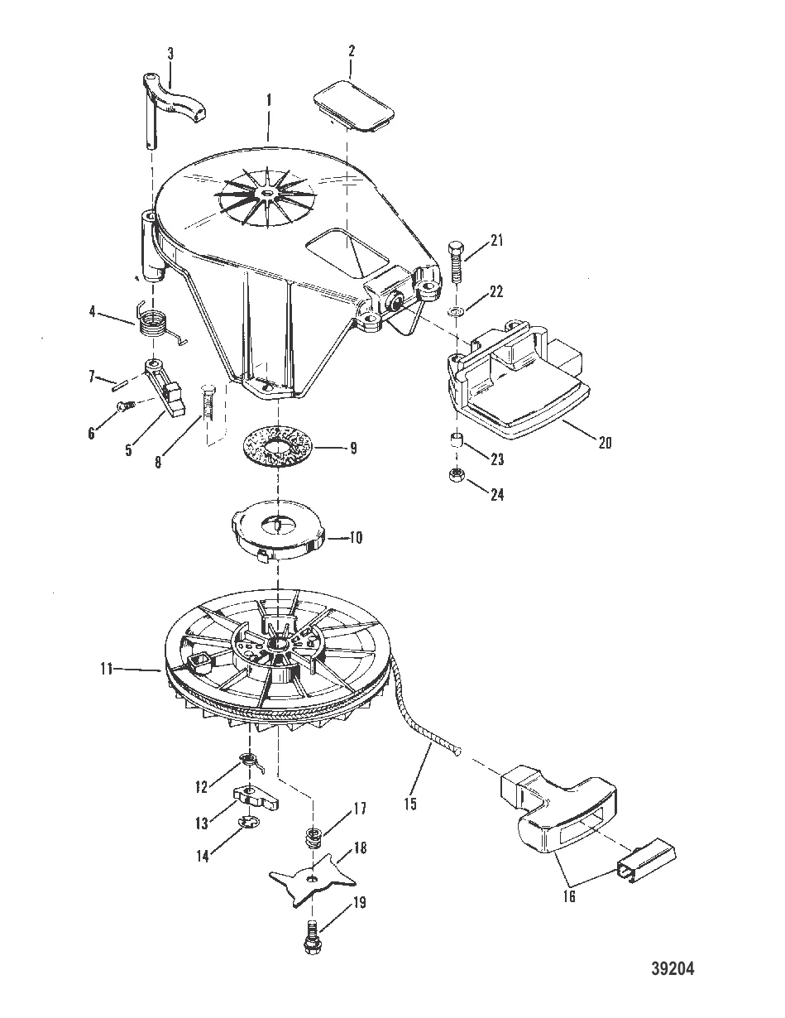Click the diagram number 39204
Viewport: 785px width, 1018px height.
pos(673,968)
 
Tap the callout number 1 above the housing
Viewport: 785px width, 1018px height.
pos(269,100)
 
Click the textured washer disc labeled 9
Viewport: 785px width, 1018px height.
pos(280,445)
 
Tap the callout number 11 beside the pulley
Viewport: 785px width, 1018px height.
pos(107,670)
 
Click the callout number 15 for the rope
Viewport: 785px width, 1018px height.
pos(409,805)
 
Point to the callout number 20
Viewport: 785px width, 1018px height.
pos(605,442)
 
